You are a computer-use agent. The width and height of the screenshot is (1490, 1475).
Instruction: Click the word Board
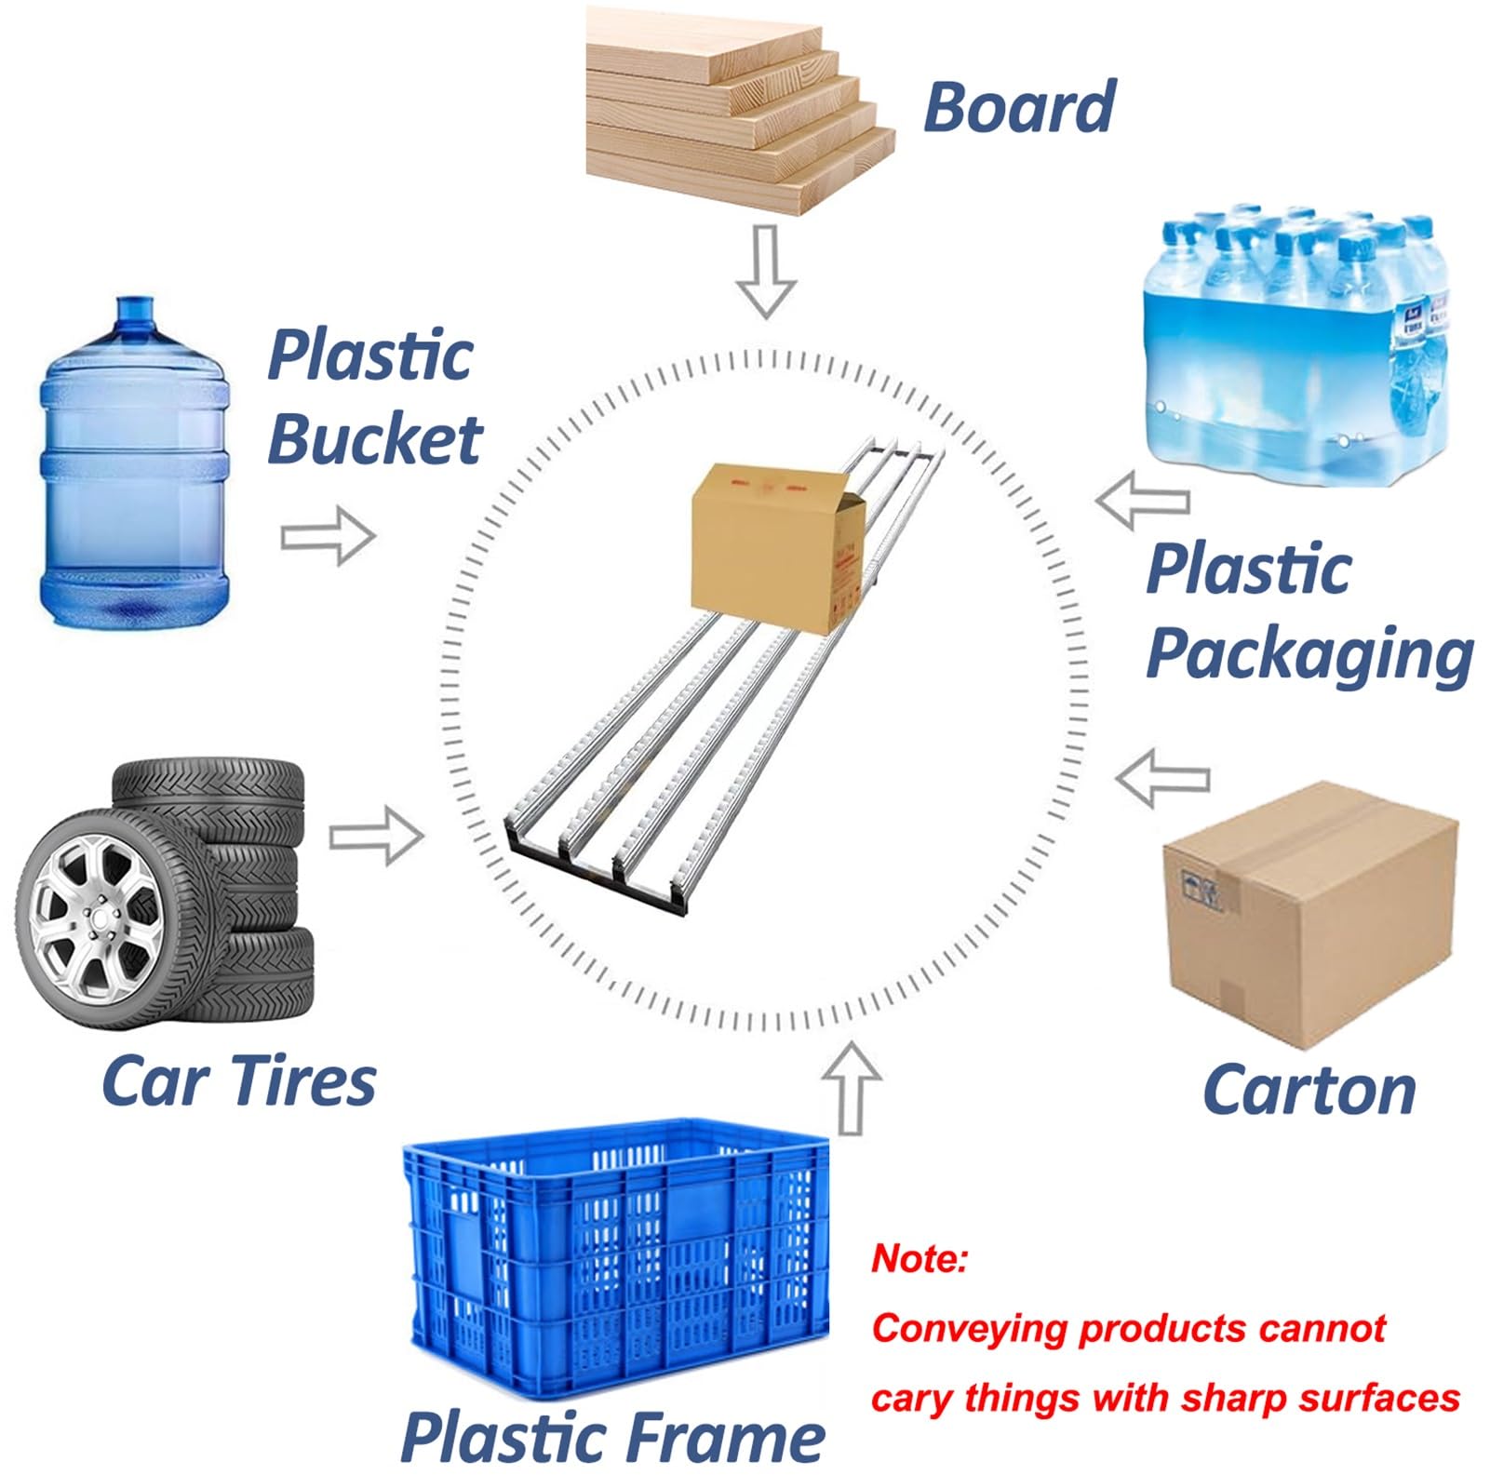(1019, 108)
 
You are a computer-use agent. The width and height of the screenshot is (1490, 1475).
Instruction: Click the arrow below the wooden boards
(766, 271)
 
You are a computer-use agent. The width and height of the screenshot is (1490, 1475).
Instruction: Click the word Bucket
(374, 439)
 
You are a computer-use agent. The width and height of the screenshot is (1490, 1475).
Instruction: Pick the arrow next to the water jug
(328, 536)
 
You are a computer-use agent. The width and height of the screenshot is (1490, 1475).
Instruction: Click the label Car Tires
(238, 1081)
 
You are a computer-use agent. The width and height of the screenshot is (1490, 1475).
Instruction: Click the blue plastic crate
(616, 1258)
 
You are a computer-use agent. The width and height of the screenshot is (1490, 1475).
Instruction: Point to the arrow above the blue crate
(851, 1087)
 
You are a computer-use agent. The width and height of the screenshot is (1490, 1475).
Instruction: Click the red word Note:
(920, 1259)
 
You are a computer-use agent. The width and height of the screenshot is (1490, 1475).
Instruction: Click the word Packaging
(1309, 654)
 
